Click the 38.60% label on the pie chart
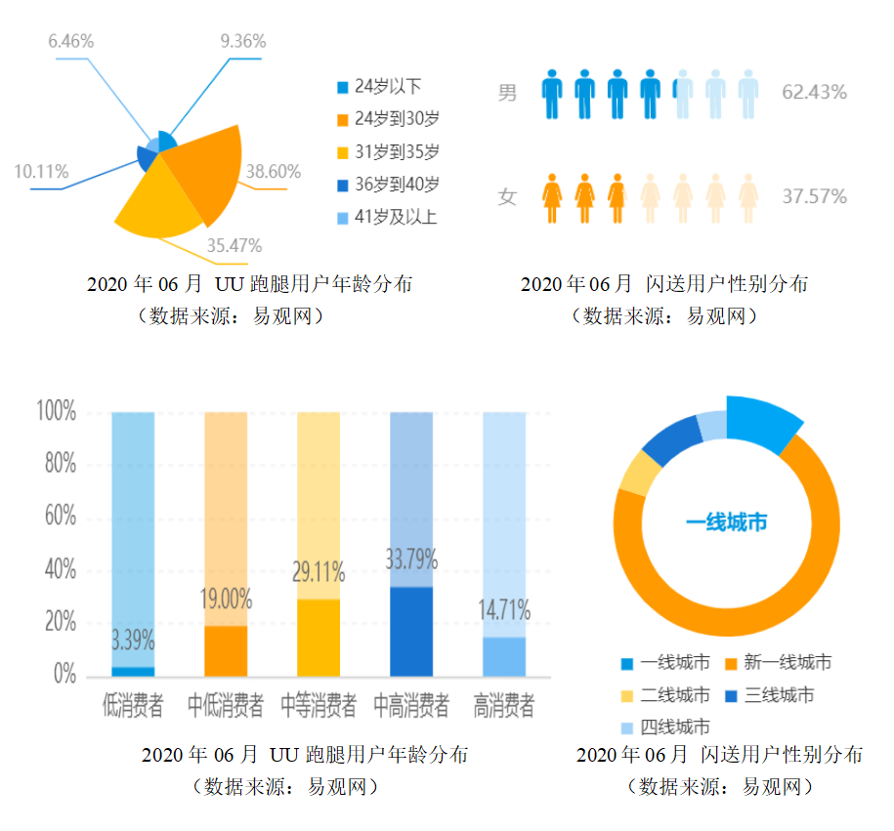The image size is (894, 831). [x=273, y=172]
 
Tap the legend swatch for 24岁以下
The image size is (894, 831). [x=342, y=87]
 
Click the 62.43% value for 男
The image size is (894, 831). [x=814, y=93]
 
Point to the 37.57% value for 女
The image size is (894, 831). [x=814, y=196]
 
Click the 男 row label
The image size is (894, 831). [x=507, y=94]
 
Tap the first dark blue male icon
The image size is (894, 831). [x=553, y=93]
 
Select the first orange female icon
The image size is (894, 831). [x=553, y=197]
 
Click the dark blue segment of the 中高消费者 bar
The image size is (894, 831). [x=410, y=631]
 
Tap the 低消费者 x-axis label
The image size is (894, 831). [x=133, y=705]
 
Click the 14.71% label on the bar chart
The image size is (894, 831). [x=503, y=612]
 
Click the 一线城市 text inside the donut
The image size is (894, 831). [x=727, y=522]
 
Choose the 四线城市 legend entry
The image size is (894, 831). [x=673, y=727]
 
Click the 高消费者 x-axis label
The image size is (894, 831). [x=504, y=705]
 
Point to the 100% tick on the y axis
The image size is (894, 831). [x=56, y=411]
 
